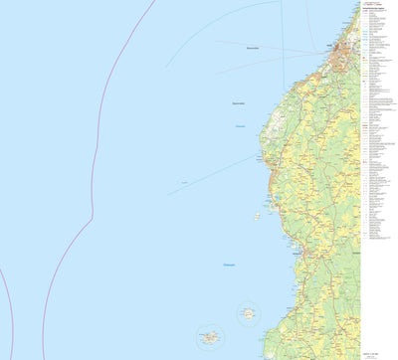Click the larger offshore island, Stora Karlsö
[x=209, y=337]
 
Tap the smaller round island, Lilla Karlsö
[x=248, y=314]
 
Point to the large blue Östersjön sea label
[x=231, y=264]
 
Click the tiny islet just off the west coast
[x=258, y=215]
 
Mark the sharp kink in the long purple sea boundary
[x=92, y=214]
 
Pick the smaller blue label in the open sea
[x=240, y=125]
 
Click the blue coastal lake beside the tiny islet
[x=279, y=199]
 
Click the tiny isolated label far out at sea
[x=186, y=183]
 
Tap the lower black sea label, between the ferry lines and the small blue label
[x=238, y=102]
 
